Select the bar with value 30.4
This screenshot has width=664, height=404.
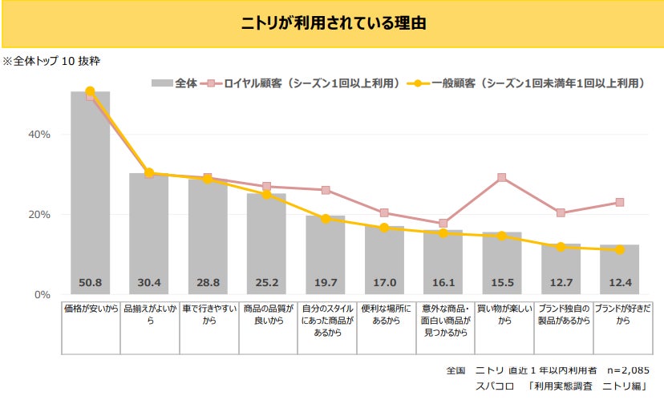tap(149, 232)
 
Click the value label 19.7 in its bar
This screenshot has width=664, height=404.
tap(326, 282)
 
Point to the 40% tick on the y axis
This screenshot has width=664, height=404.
tap(39, 135)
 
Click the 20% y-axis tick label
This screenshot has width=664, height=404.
tap(39, 215)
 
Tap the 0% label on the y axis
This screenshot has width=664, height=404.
tap(43, 295)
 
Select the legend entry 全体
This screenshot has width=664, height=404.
tap(175, 83)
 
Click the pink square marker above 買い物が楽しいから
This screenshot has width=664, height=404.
tap(502, 178)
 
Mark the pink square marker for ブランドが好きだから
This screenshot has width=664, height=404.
tap(619, 202)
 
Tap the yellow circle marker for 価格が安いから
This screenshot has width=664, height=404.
tap(90, 91)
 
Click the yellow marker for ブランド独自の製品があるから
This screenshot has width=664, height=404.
tap(561, 247)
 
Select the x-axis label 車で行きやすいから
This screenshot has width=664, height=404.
tap(208, 313)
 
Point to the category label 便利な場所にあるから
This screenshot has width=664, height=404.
tap(384, 313)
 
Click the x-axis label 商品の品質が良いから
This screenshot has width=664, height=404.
tap(266, 313)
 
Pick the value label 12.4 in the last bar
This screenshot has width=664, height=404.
tap(619, 282)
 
